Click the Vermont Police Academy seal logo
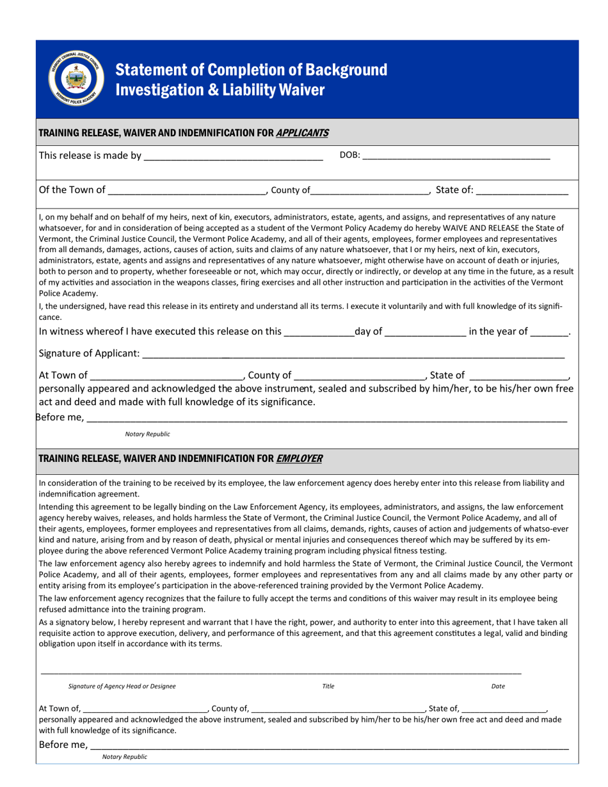(x=76, y=79)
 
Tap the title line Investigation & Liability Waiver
(x=220, y=90)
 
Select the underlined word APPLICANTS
(x=302, y=133)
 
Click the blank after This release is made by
(x=233, y=156)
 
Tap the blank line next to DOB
(x=456, y=156)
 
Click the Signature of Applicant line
(x=353, y=354)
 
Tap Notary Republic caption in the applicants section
(x=148, y=434)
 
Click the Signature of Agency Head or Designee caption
(x=122, y=686)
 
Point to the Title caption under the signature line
(x=328, y=686)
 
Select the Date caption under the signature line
(x=498, y=686)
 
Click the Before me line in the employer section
(x=328, y=745)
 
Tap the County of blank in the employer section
(x=337, y=708)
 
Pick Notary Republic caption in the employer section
(x=125, y=757)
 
